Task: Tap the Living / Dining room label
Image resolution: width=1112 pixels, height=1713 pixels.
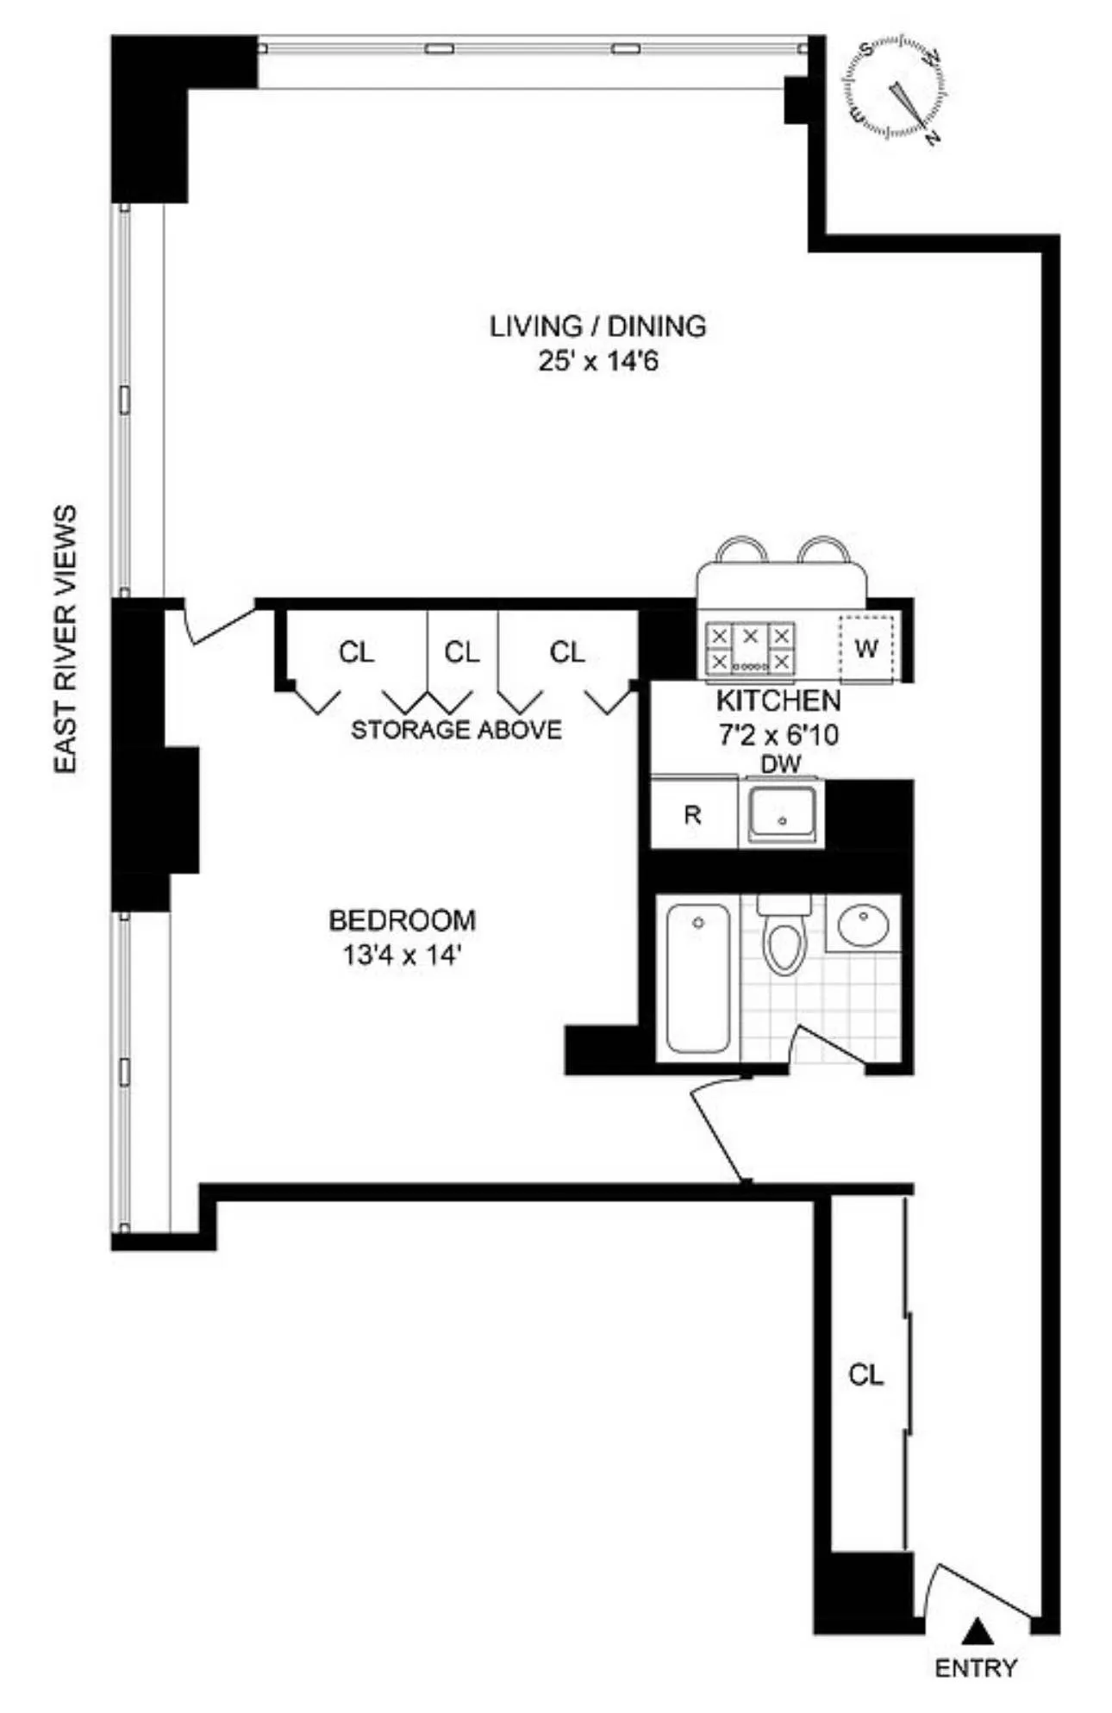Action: tap(597, 327)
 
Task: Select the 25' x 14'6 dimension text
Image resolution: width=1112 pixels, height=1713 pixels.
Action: tap(597, 361)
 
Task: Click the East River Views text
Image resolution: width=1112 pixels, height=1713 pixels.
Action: tap(66, 638)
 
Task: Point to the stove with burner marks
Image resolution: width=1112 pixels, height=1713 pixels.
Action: tap(749, 648)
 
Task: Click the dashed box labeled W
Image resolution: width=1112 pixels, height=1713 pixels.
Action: tap(866, 648)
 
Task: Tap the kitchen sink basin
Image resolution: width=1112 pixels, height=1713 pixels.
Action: tap(781, 812)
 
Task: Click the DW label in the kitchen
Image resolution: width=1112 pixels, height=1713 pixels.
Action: tap(781, 763)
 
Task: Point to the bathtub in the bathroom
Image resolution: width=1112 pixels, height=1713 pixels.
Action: tap(697, 977)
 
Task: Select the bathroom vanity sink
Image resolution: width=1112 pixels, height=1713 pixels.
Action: tap(863, 924)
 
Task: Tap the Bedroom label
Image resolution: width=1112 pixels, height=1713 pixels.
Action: tap(402, 920)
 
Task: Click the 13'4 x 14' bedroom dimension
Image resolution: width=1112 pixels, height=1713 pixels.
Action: tap(402, 955)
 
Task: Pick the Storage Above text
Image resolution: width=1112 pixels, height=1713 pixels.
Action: tap(456, 730)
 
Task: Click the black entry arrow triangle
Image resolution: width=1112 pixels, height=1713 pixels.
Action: tap(976, 1629)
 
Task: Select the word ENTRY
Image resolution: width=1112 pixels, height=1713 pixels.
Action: tap(976, 1668)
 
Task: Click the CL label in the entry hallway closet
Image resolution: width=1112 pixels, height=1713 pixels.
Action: tap(865, 1374)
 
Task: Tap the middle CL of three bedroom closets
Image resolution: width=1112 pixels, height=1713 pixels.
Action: tap(462, 652)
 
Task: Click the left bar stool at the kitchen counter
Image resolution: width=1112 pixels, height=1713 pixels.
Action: tap(741, 550)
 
